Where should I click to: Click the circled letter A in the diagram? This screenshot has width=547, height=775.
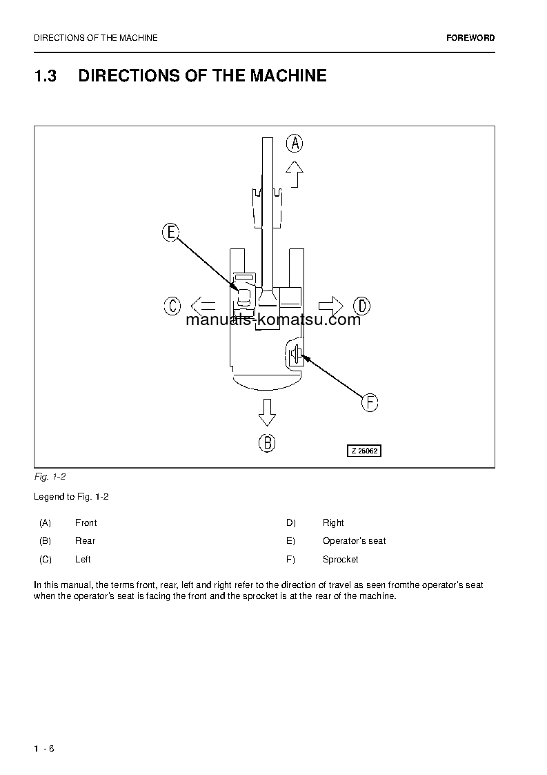click(x=295, y=144)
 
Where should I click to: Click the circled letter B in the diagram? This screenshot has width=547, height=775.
click(x=267, y=442)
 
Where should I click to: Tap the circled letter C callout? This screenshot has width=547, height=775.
click(x=172, y=305)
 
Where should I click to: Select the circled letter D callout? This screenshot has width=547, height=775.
click(x=361, y=305)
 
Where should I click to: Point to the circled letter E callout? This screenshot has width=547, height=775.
click(x=171, y=233)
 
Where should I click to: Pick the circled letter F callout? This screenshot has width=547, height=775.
click(x=370, y=402)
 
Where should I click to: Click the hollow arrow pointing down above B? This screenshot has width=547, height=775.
click(x=267, y=413)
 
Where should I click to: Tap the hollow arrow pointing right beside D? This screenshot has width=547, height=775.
click(x=331, y=304)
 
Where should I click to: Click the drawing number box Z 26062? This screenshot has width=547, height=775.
click(x=364, y=451)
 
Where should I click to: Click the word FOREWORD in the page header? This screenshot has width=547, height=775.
click(x=470, y=38)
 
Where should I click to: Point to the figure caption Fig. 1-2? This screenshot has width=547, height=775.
click(x=50, y=477)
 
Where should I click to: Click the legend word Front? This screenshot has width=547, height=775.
click(x=86, y=523)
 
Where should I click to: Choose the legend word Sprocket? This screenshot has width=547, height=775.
click(x=340, y=560)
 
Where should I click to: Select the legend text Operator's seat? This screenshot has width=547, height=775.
click(x=354, y=541)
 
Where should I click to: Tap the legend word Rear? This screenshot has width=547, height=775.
click(x=85, y=541)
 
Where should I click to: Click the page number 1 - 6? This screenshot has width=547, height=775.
click(x=43, y=749)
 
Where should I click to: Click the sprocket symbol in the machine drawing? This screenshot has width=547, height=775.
click(x=295, y=355)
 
